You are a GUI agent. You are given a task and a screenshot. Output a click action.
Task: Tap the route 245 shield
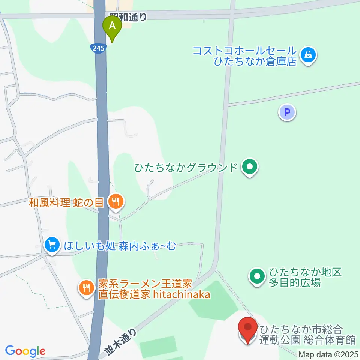coord(97,48)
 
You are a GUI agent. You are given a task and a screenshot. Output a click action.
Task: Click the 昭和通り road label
coord(127,16)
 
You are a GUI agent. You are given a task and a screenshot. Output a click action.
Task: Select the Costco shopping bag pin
coord(308,55)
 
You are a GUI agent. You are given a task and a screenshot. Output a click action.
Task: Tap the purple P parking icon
coord(287,112)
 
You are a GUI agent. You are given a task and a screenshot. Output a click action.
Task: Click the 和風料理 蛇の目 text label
coord(66,203)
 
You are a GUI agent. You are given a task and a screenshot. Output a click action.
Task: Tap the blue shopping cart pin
coord(52,245)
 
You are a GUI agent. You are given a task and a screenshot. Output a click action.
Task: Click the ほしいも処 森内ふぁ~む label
coord(120,246)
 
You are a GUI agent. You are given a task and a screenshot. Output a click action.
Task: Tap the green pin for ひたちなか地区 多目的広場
coord(257,277)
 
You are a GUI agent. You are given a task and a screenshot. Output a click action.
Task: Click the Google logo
coord(25,351)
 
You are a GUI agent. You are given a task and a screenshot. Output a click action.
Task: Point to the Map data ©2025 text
coord(328,354)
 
